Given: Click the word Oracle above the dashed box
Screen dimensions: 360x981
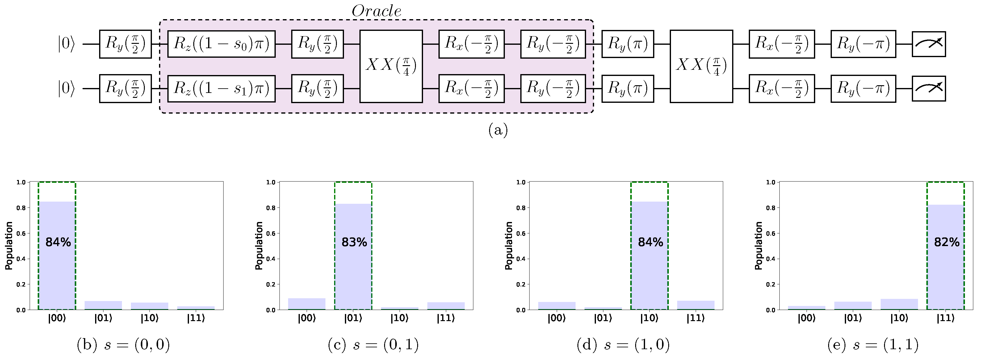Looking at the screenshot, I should pyautogui.click(x=376, y=11).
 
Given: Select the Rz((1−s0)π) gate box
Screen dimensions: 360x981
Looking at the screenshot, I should pyautogui.click(x=221, y=44).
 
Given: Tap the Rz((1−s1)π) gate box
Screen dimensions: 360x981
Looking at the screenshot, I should pyautogui.click(x=221, y=88).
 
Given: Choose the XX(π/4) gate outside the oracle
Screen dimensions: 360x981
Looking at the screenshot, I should pyautogui.click(x=701, y=66).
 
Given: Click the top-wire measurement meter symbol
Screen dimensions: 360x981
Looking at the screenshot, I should pyautogui.click(x=929, y=44).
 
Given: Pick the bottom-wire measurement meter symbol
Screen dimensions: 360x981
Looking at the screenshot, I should pyautogui.click(x=929, y=88).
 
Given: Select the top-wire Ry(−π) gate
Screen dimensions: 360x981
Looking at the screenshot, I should pyautogui.click(x=863, y=44).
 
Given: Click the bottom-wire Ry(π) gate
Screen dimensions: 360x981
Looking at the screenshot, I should pyautogui.click(x=627, y=88).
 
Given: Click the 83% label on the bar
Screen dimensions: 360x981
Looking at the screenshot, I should pyautogui.click(x=354, y=242).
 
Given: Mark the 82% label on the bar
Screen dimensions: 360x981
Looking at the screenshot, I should pyautogui.click(x=946, y=242).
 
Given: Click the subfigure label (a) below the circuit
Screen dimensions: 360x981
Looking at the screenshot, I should pyautogui.click(x=498, y=130).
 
